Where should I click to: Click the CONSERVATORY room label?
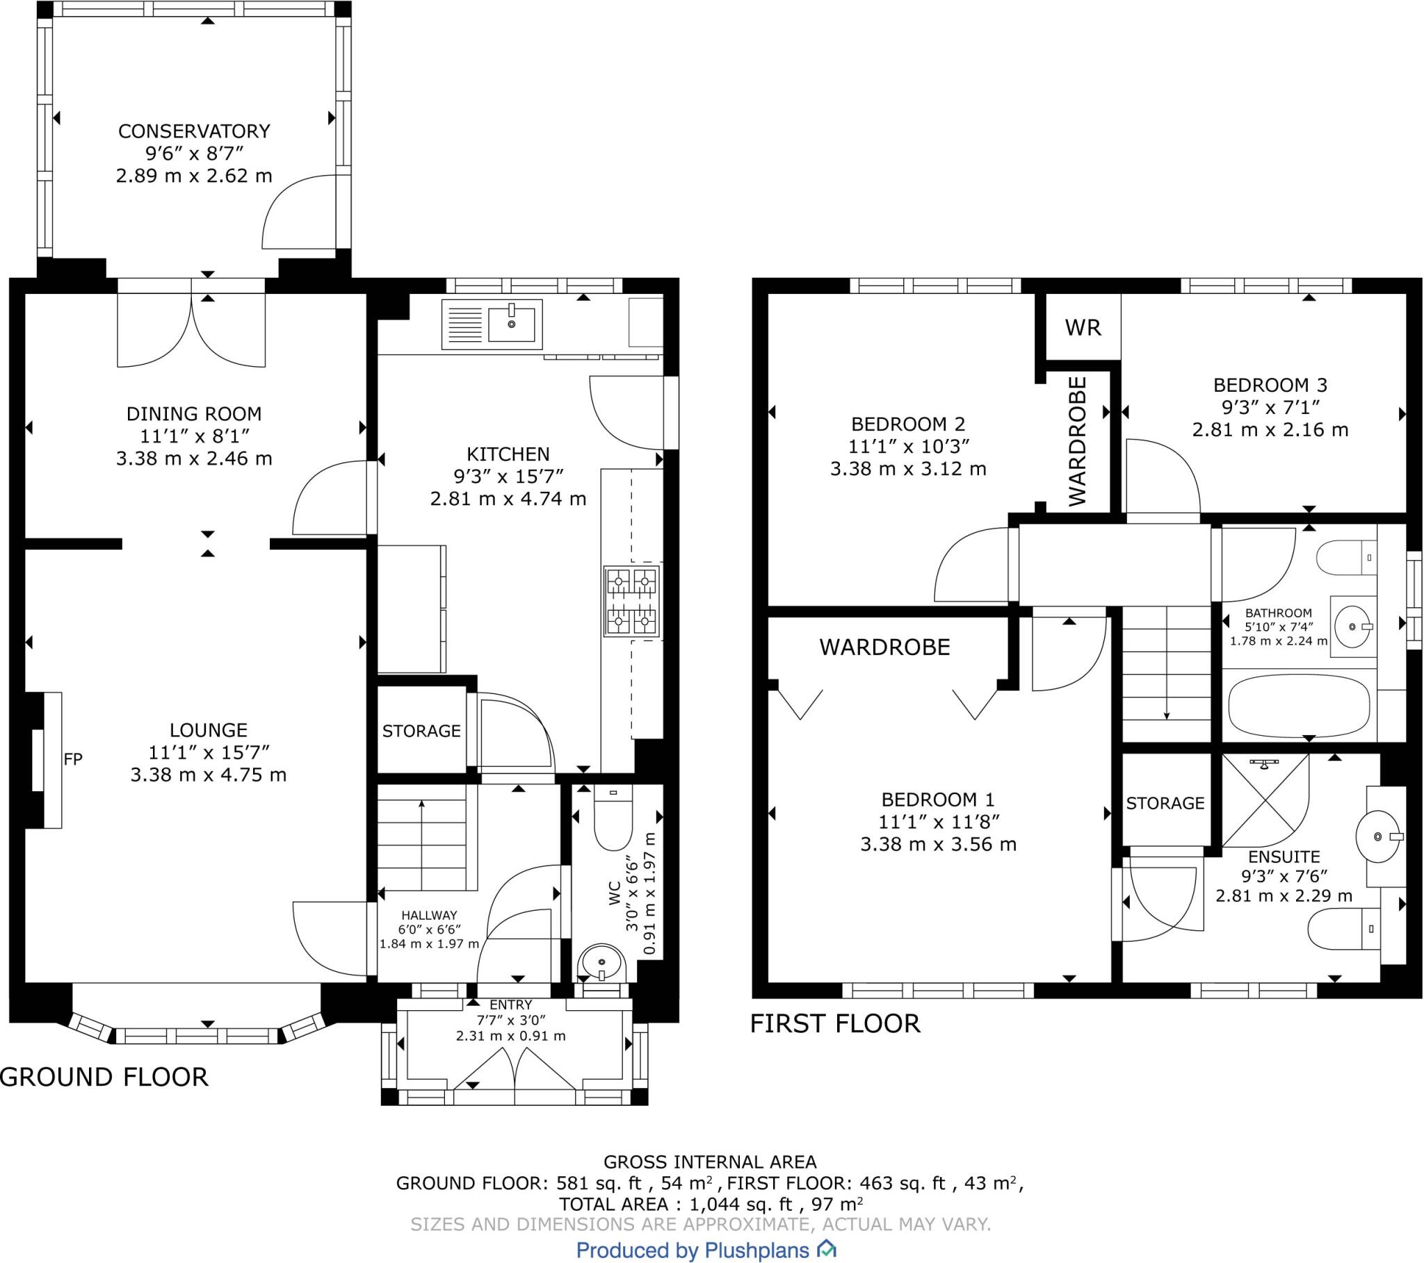tap(194, 131)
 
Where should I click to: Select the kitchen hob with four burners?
tap(631, 601)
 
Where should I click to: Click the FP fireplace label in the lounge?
tap(73, 759)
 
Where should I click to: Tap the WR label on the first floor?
tap(1083, 328)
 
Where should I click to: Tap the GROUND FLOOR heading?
tap(104, 1077)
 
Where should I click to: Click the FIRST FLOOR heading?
tap(834, 1023)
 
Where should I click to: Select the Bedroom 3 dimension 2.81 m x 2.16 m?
tap(1270, 429)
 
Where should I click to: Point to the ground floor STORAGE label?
tap(421, 731)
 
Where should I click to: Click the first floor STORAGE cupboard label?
tap(1165, 803)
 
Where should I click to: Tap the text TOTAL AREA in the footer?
tap(612, 1204)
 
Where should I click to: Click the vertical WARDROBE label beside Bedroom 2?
tap(1077, 440)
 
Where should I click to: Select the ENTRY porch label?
tap(510, 1005)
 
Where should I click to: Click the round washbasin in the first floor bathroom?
tap(1352, 627)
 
